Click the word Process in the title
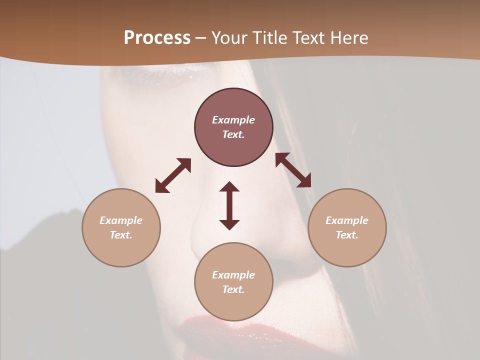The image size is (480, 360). coord(157,38)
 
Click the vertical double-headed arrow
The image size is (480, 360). coord(229,205)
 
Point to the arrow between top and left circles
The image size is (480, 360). coord(173,175)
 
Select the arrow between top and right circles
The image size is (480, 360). coord(293,170)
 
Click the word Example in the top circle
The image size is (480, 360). coord(233,120)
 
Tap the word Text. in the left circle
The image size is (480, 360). coord(121,235)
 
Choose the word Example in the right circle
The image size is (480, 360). coord(347,220)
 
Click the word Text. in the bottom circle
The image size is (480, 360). coord(233,289)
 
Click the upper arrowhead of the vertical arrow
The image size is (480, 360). coord(229,188)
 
